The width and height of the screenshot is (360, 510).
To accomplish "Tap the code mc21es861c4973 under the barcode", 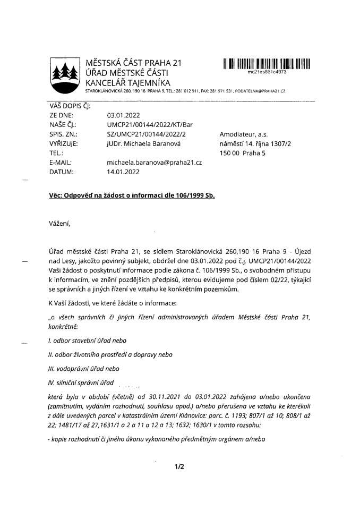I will [x=267, y=71].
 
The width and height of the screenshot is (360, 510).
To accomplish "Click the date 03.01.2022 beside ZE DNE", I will [x=123, y=114].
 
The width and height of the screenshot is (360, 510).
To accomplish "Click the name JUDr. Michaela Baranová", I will [x=140, y=143].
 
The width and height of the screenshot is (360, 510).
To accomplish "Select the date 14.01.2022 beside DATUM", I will [x=123, y=172].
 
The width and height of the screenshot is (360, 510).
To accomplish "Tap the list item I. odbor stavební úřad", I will [x=87, y=339].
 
